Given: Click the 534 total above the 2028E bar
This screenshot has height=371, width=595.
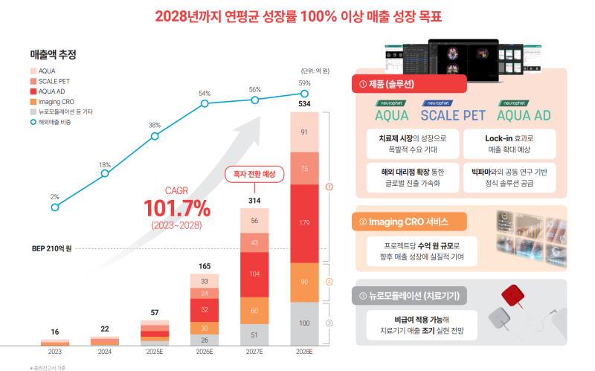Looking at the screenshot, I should pos(304,104).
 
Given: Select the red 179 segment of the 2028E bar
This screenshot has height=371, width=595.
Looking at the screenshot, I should pos(304,223).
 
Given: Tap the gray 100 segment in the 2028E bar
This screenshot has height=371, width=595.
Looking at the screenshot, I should pos(304,323).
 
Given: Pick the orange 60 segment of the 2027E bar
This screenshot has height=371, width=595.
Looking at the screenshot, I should pos(254,310).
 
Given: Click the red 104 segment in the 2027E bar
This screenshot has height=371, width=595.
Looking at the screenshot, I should pos(254,274).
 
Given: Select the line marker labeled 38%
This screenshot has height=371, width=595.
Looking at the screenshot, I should pos(155,137).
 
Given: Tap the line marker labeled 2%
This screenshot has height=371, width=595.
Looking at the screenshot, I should pos(55,207).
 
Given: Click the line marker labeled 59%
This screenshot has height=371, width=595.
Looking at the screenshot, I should pos(304,94).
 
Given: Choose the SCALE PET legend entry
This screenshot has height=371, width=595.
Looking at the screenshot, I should pos(54,81).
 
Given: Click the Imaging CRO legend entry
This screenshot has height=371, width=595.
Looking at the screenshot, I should pos(54,101).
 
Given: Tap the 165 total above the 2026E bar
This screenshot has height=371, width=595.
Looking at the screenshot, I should pos(205,265).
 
